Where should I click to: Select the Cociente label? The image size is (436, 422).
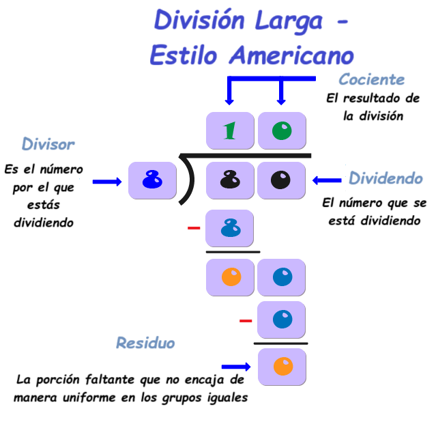[x=372, y=80]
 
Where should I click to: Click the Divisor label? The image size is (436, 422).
[x=48, y=144]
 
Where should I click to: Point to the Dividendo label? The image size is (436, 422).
[x=386, y=179]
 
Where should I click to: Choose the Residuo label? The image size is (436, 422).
[x=145, y=343]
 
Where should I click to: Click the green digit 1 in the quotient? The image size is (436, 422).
[x=230, y=130]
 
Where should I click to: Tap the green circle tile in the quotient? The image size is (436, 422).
[x=282, y=130]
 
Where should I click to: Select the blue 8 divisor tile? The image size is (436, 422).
[x=152, y=180]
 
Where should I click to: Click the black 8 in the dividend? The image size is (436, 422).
[x=230, y=180]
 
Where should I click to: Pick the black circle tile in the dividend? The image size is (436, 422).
[x=281, y=180]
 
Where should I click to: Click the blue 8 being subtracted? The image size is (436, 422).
[x=230, y=228]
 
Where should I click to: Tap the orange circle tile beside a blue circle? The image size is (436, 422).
[x=231, y=277]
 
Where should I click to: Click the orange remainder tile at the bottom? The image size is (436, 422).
[x=282, y=367]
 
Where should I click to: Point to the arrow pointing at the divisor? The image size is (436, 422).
[x=106, y=182]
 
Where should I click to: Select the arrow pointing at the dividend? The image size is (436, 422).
[x=328, y=180]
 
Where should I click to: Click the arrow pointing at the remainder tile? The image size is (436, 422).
[x=236, y=367]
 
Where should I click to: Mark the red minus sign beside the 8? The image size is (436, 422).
[x=194, y=228]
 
